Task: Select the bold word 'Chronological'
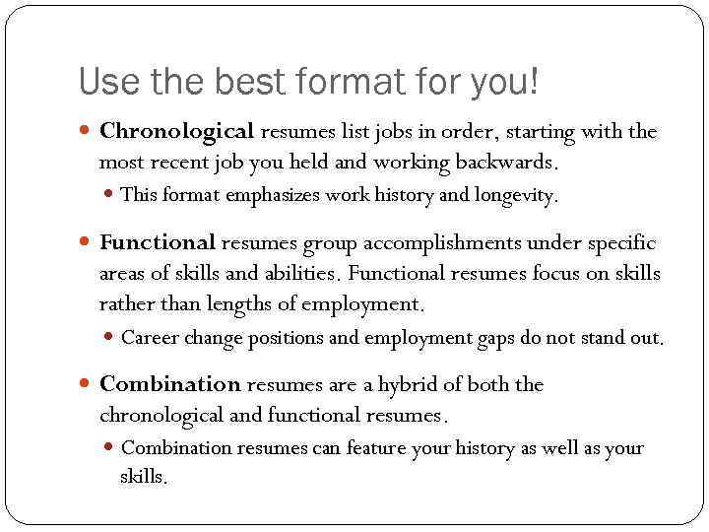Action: pyautogui.click(x=177, y=131)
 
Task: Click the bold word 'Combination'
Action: pyautogui.click(x=170, y=384)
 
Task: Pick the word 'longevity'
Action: pyautogui.click(x=516, y=195)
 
